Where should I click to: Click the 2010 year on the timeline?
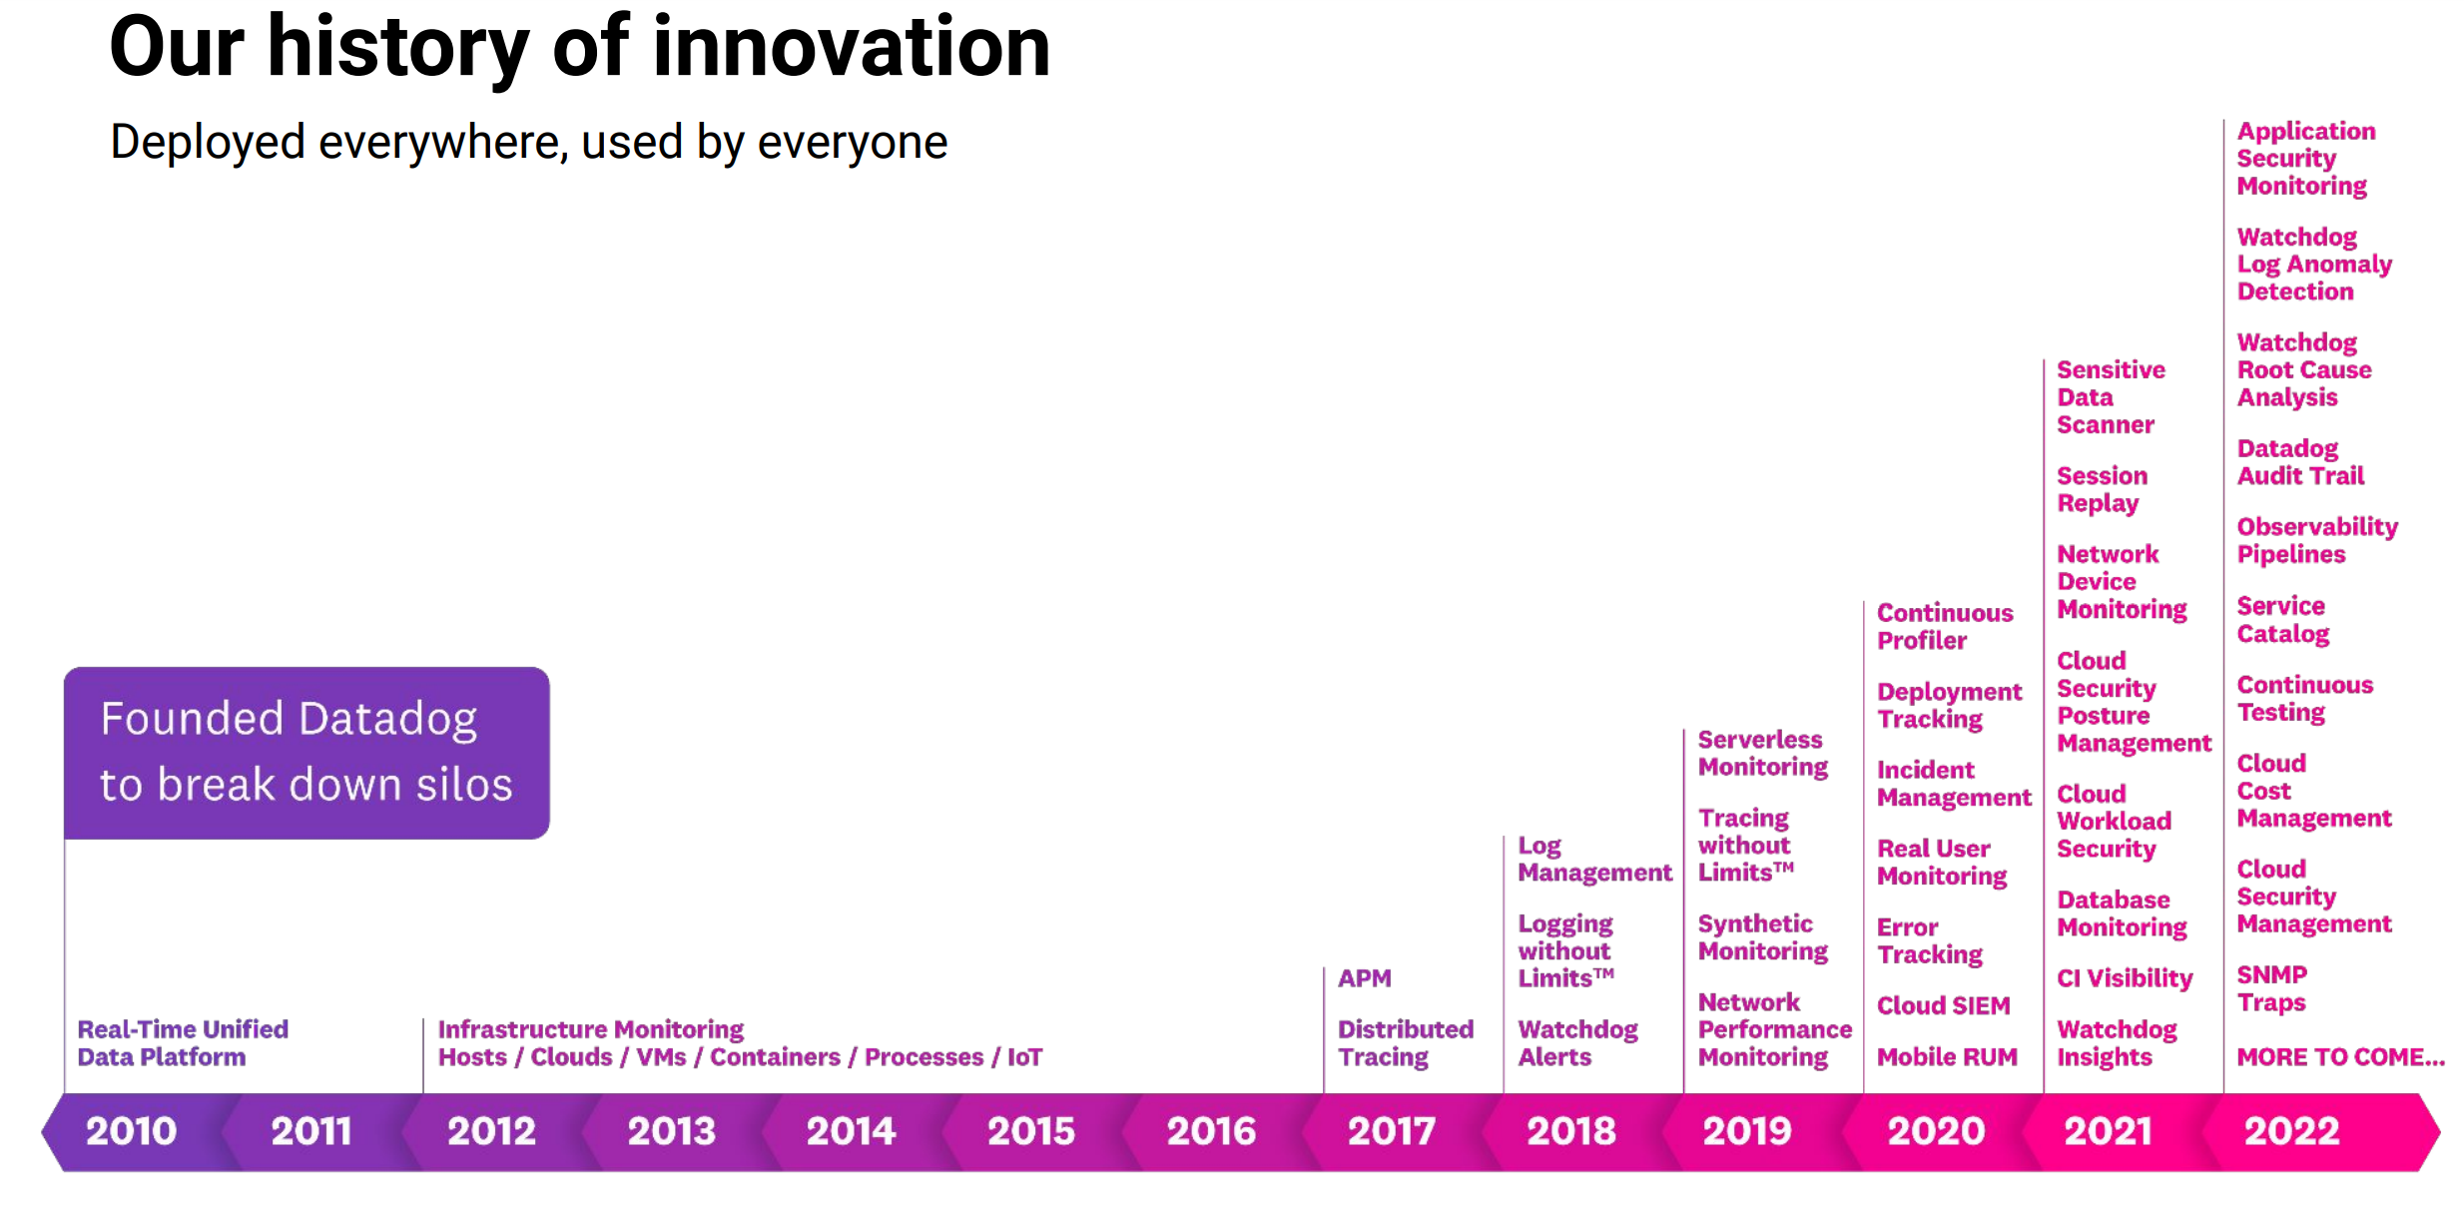pos(131,1131)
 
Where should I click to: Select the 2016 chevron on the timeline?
pos(1210,1131)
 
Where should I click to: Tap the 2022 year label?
pos(2291,1131)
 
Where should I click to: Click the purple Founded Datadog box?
pos(307,753)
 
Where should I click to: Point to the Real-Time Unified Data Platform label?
pos(183,1042)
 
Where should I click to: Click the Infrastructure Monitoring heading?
pos(590,1029)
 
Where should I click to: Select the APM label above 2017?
pos(1364,978)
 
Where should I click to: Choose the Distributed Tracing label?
pos(1405,1042)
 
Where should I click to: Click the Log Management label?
pos(1593,859)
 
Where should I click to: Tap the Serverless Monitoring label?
pos(1762,753)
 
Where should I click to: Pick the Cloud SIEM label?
pos(1943,1005)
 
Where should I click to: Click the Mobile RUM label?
pos(1946,1056)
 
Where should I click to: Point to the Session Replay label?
pos(2101,489)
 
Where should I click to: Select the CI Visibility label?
pos(2125,978)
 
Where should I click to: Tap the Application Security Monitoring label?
pos(2305,158)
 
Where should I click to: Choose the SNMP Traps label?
pos(2271,988)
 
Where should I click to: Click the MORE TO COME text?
pos(2339,1056)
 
